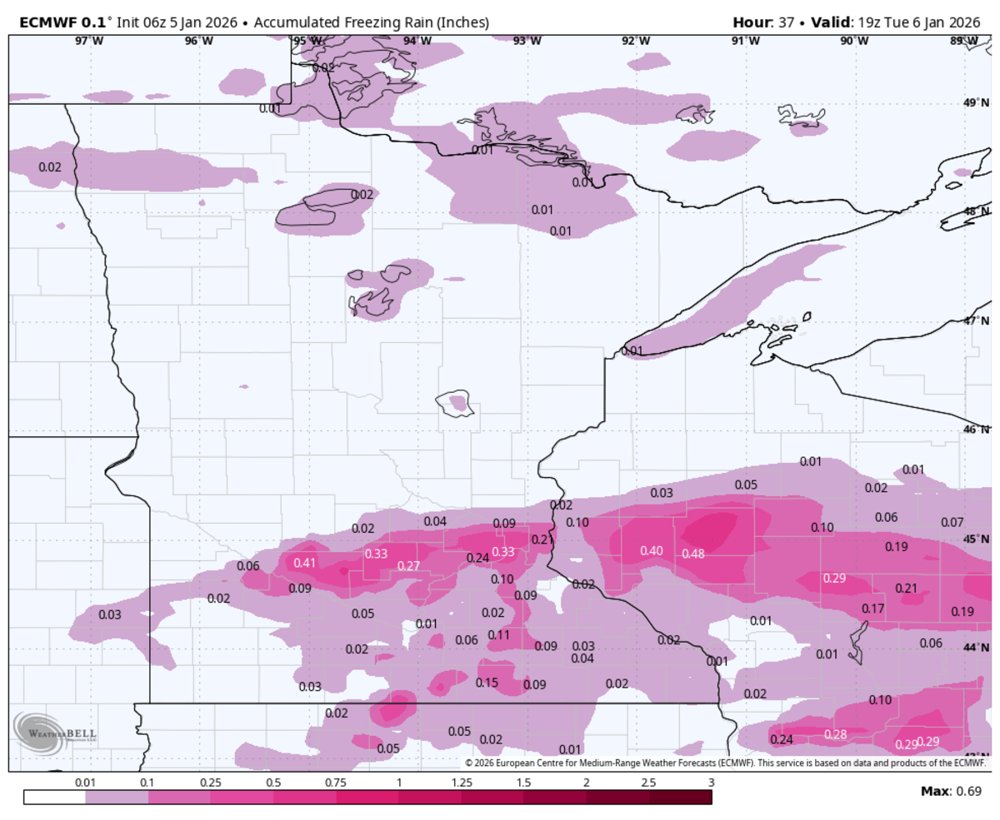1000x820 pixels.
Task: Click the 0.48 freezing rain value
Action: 693,554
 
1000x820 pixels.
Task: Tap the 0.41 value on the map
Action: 305,563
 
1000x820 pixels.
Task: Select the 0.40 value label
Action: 652,551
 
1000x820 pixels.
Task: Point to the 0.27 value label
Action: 408,566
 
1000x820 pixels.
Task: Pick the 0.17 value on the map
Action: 872,609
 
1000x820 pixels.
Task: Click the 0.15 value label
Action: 487,683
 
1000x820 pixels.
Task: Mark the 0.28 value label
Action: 835,734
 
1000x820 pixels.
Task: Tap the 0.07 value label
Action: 952,523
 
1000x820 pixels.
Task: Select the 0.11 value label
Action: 498,635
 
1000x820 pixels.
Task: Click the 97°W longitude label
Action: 89,41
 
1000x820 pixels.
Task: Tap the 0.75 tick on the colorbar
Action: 336,783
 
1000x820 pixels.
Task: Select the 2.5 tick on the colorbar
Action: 648,783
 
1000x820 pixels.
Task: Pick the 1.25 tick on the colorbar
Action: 461,783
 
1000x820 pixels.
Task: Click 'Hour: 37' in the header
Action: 762,22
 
